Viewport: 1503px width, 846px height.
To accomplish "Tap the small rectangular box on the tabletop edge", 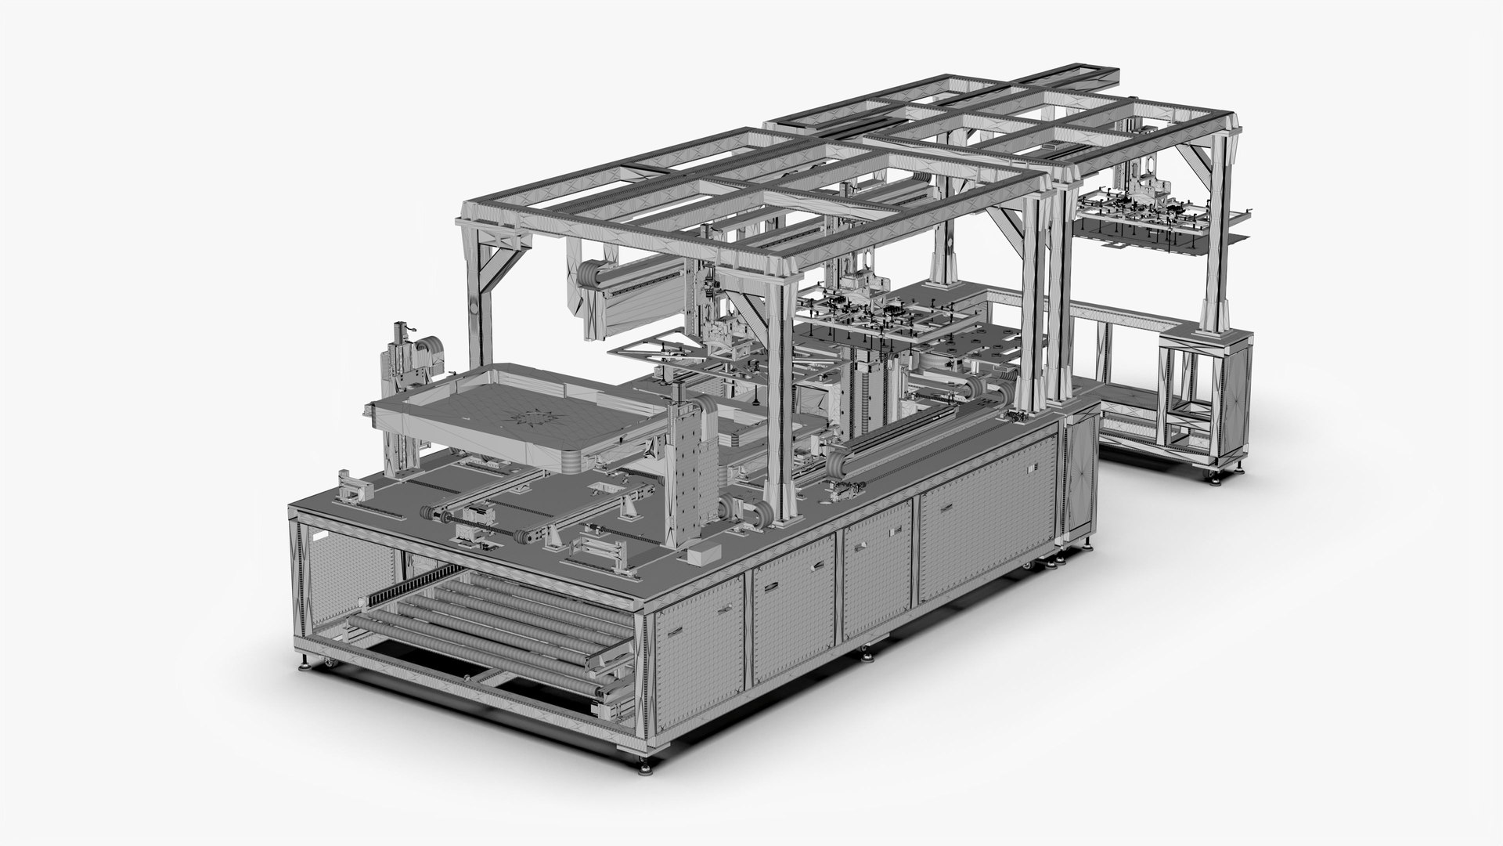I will click(x=699, y=554).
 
